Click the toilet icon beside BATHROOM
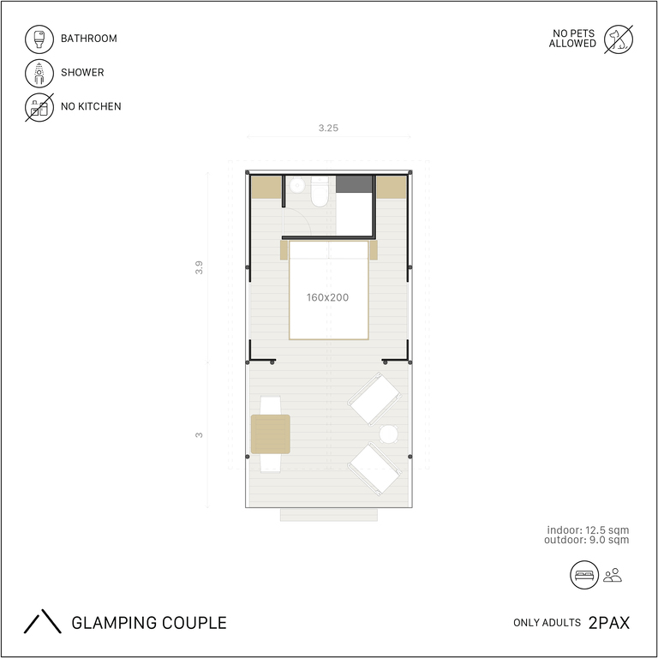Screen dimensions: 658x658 pos(39,39)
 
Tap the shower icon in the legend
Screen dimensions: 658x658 pos(39,73)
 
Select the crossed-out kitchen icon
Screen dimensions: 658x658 pos(39,107)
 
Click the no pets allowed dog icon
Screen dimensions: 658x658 pos(619,39)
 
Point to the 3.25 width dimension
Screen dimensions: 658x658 pos(328,128)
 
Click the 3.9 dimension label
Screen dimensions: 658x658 pos(199,267)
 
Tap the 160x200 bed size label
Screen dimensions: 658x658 pos(328,297)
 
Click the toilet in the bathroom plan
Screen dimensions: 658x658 pos(320,191)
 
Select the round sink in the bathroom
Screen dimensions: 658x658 pos(297,185)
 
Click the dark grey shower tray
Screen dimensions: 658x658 pos(354,184)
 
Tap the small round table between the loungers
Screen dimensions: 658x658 pos(389,434)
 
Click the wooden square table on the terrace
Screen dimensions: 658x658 pos(271,434)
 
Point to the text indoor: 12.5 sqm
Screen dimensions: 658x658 pos(588,530)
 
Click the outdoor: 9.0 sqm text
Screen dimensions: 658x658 pos(587,540)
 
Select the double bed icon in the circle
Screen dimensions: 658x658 pos(584,575)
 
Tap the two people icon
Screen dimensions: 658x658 pos(613,575)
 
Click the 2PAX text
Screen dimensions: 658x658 pos(609,623)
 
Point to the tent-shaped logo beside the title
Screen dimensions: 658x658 pos(42,621)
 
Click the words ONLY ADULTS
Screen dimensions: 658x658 pos(547,623)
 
